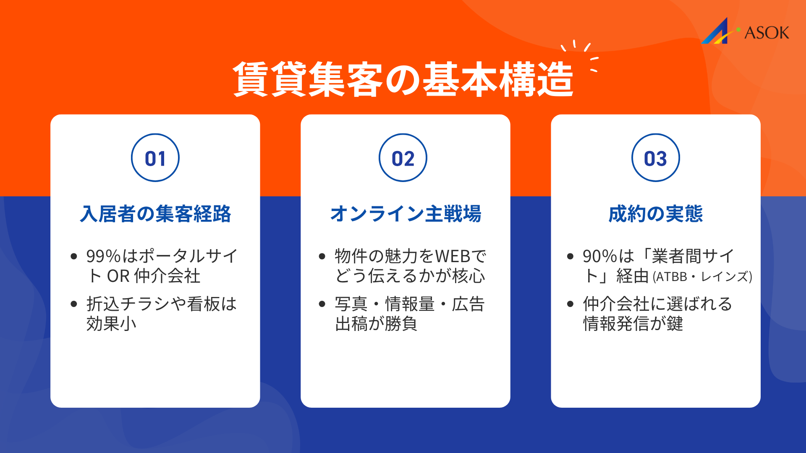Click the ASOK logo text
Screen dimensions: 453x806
pos(767,33)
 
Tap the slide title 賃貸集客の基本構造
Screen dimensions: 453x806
pos(403,80)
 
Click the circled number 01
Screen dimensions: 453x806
pos(155,158)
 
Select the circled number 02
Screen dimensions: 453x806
pos(403,158)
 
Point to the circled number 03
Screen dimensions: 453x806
pos(655,158)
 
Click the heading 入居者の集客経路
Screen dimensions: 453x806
pos(155,214)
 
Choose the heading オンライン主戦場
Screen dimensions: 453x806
pos(406,214)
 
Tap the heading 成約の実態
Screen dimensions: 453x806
pos(655,214)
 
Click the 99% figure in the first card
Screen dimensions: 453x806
pos(103,256)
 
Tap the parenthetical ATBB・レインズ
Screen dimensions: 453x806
pos(702,277)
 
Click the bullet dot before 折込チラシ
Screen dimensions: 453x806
pos(74,304)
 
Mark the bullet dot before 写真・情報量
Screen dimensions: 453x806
pos(322,304)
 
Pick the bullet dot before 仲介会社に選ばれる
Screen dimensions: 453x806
pos(570,304)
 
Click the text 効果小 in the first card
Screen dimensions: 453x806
pos(111,324)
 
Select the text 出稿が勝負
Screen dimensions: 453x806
pos(376,324)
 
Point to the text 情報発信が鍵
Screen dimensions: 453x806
pos(633,324)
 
